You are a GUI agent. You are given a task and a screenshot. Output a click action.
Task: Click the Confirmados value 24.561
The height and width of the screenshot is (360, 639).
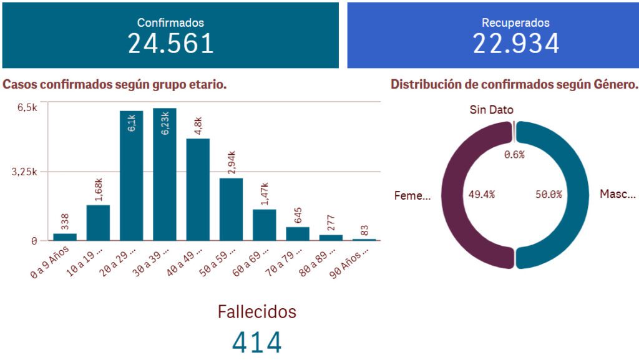(170, 44)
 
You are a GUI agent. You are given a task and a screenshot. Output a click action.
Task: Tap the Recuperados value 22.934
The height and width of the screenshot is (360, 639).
(515, 44)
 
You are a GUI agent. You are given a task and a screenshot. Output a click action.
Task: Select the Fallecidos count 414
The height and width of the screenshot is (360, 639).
(257, 343)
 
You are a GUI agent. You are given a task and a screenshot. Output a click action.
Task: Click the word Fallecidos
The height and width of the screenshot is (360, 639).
(257, 311)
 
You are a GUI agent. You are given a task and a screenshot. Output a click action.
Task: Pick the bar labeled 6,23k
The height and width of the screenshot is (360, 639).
(165, 181)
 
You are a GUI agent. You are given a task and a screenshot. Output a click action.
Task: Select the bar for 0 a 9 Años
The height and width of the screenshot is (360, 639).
(65, 236)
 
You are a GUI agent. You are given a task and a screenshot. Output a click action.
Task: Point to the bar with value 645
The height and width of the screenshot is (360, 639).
(298, 233)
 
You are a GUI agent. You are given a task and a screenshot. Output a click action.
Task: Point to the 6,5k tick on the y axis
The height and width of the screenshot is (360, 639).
(27, 107)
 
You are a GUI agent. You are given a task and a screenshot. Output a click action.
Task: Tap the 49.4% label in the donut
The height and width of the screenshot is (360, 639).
(481, 194)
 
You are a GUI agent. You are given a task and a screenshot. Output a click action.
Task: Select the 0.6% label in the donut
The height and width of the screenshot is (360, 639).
(514, 154)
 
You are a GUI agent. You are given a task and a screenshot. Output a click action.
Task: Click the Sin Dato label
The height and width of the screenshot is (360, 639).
(492, 110)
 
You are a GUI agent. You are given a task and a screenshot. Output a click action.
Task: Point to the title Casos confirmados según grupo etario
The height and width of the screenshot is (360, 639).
(115, 84)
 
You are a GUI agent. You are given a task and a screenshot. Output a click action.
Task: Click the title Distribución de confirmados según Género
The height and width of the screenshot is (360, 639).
(514, 84)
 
